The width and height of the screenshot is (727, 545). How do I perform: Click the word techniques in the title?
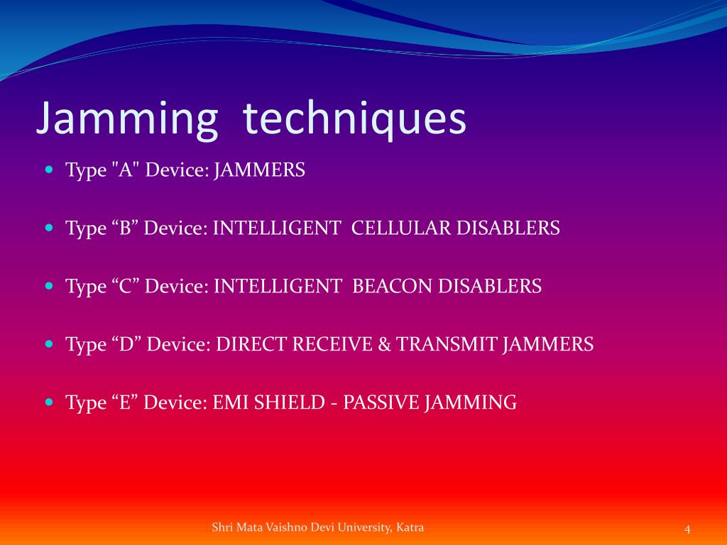[355, 119]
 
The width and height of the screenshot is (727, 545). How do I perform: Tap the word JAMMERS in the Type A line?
[260, 170]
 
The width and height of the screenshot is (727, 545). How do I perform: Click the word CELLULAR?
[401, 229]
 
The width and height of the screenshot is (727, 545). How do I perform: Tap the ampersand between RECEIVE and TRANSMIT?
[385, 345]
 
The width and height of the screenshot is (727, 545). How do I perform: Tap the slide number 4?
[687, 529]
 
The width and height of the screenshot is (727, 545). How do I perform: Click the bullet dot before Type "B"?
[49, 229]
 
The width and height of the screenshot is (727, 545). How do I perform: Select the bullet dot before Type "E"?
[49, 402]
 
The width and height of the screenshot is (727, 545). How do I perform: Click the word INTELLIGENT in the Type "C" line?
[278, 287]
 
